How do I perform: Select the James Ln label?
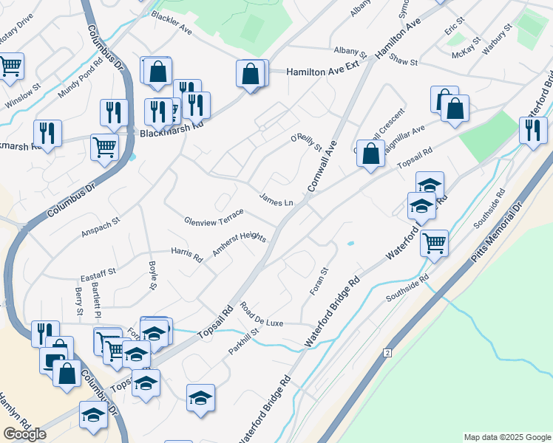click(276, 200)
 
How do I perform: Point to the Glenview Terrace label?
click(214, 217)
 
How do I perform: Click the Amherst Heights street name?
click(239, 244)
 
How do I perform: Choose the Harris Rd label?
click(187, 255)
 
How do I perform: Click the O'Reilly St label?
click(306, 142)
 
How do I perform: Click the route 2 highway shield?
click(387, 354)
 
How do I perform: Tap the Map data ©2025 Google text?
click(507, 437)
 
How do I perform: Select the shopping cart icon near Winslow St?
click(10, 66)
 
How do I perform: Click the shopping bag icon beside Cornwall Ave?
click(370, 154)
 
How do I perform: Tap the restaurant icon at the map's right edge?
click(532, 129)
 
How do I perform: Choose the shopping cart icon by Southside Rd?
click(434, 241)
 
